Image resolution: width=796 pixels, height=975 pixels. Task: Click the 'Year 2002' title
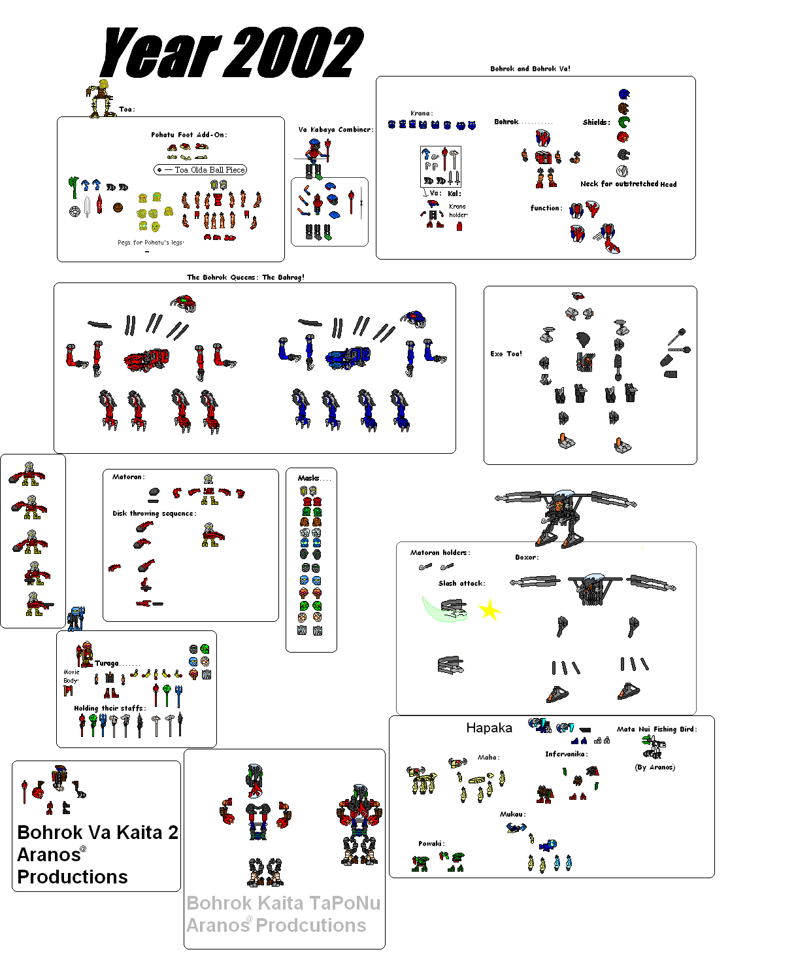click(232, 52)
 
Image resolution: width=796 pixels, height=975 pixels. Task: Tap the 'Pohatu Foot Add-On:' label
click(189, 135)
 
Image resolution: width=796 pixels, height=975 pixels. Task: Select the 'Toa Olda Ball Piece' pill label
click(201, 170)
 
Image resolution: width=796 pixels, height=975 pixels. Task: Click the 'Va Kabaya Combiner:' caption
click(336, 129)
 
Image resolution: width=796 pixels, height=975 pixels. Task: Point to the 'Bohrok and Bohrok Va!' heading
click(530, 69)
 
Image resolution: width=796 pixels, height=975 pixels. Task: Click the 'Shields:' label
click(596, 122)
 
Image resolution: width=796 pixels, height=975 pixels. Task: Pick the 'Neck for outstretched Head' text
click(628, 184)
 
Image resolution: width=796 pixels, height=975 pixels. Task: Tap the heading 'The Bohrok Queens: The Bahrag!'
click(246, 277)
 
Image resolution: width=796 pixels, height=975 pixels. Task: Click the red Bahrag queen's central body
click(147, 359)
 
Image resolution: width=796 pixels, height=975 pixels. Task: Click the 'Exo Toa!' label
click(506, 354)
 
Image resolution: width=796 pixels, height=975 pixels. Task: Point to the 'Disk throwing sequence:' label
click(154, 513)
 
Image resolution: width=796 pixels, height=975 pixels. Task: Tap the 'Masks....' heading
click(314, 478)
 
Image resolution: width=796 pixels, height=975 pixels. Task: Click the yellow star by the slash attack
click(489, 611)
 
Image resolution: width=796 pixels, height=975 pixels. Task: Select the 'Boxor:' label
click(527, 558)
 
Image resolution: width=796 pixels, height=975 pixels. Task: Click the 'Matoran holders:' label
click(440, 553)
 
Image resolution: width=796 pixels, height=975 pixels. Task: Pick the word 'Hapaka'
click(489, 728)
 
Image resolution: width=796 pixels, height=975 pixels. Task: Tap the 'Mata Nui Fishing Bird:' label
click(657, 729)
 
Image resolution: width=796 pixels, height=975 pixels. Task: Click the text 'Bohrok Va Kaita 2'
click(97, 832)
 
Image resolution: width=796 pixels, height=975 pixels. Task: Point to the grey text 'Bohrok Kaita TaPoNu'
click(283, 903)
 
